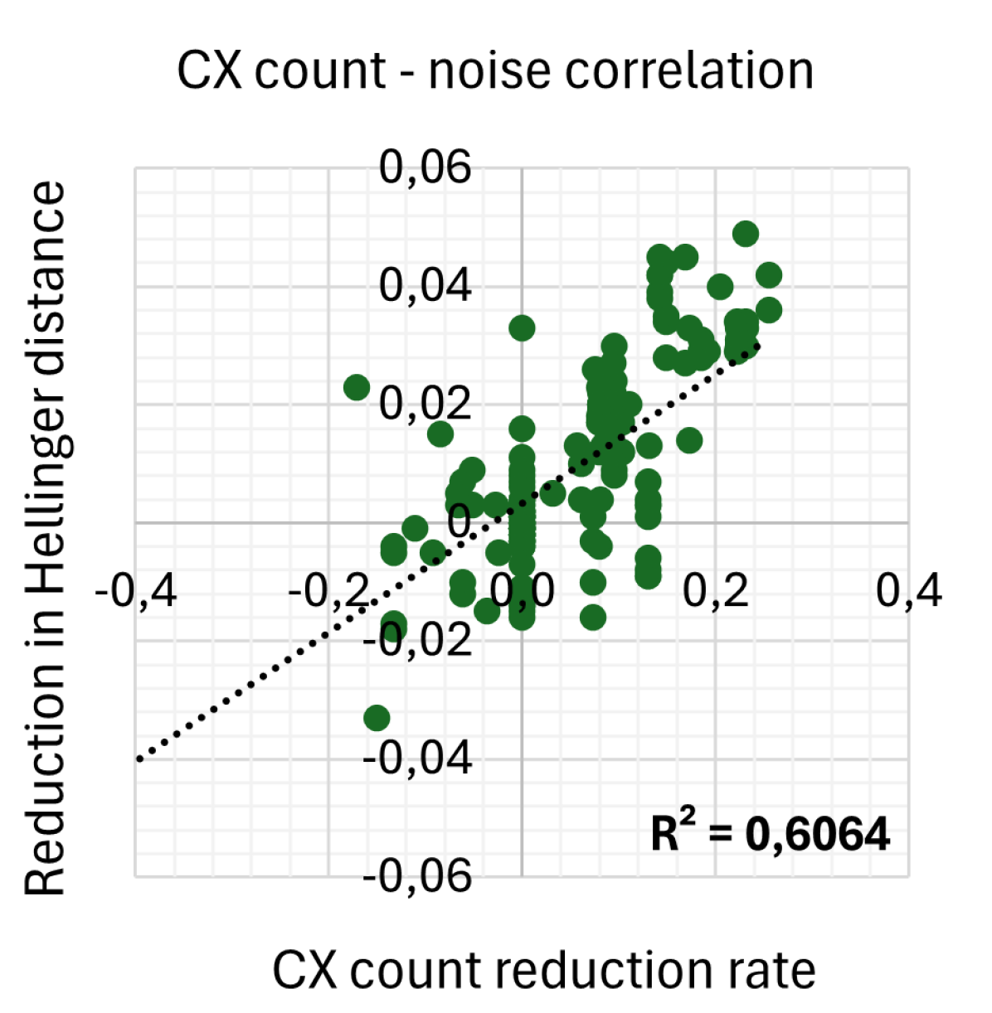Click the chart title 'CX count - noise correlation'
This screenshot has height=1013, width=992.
tap(495, 70)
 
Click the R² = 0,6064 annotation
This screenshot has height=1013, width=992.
tap(770, 833)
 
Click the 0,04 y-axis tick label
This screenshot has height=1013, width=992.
tap(425, 285)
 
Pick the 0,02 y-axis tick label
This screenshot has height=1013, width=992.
tap(425, 404)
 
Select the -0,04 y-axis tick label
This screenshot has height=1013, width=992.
tap(417, 757)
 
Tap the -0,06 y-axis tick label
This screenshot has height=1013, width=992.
tap(417, 875)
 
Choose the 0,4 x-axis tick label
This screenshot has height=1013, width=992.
tap(909, 592)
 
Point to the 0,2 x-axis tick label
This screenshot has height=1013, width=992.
tap(716, 592)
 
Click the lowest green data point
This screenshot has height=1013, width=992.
tap(377, 718)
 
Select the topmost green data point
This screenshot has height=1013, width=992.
tap(746, 234)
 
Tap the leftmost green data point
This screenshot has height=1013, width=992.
tap(357, 387)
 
